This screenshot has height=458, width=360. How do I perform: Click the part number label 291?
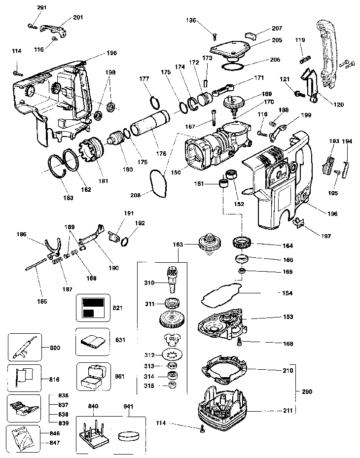point(41,7)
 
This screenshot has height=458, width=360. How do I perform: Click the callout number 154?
point(287,293)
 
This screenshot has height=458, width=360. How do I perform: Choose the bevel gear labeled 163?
point(208,245)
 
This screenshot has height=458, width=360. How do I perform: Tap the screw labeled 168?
point(240,341)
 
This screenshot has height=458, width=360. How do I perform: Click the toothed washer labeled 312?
point(173,354)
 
